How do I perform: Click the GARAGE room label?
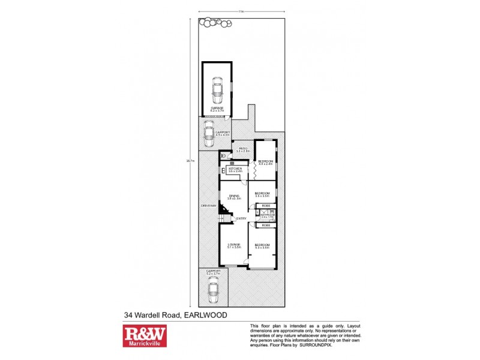(x=217, y=108)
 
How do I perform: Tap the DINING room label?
(x=233, y=196)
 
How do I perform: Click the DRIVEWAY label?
(x=208, y=206)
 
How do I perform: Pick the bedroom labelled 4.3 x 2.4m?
(x=265, y=162)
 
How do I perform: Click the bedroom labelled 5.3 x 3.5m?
(x=262, y=245)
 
